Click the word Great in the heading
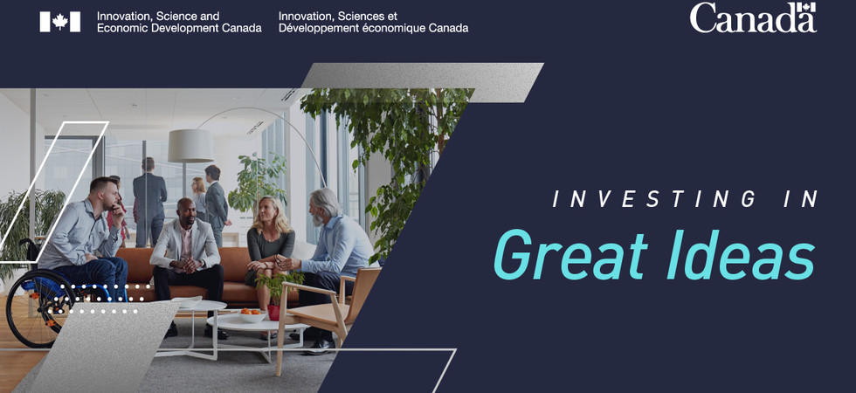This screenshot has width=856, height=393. [571, 255]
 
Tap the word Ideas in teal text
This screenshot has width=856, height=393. [741, 255]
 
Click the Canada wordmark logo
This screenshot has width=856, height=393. [753, 17]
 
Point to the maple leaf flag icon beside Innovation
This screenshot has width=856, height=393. [60, 22]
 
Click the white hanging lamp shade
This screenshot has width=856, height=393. [190, 146]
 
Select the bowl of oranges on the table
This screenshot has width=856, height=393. [252, 315]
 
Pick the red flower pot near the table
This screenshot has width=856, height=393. [274, 313]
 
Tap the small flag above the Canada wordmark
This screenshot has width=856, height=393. [806, 8]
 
